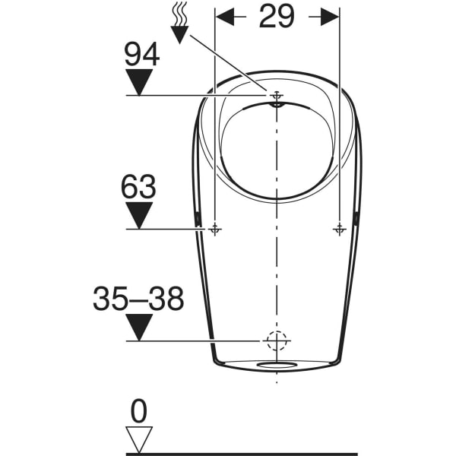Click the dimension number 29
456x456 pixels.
coord(277,17)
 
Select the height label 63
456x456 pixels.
coord(138,187)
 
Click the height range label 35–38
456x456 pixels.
coord(138,299)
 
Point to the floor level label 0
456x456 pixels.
coord(138,411)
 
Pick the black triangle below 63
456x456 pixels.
coord(139,215)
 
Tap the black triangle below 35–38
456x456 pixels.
coord(139,328)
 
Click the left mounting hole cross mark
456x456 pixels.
coord(216,229)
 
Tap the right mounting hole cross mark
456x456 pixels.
coord(338,229)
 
